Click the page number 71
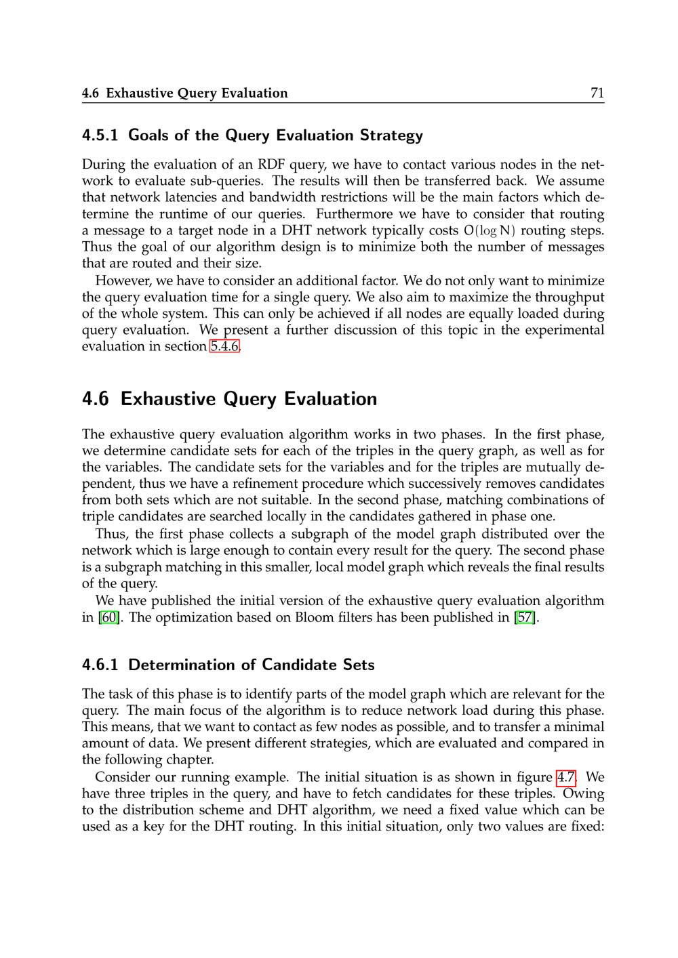597,93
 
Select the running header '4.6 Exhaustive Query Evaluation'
184,93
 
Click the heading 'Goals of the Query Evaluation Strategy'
275,136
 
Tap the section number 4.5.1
100,136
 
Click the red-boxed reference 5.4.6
224,346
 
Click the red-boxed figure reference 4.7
566,777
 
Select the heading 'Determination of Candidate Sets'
252,665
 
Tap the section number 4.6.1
100,665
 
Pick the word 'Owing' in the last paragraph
584,793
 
